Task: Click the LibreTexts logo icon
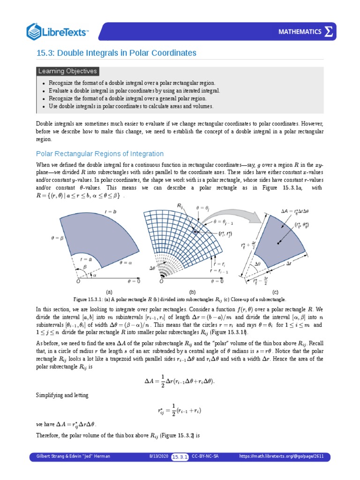click(35, 31)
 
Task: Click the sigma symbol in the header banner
click(329, 31)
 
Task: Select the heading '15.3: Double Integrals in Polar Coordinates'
click(116, 53)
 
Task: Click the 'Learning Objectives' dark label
click(67, 71)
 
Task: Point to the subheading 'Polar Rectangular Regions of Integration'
click(100, 154)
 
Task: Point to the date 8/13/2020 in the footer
click(159, 456)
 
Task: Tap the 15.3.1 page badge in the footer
click(180, 456)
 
